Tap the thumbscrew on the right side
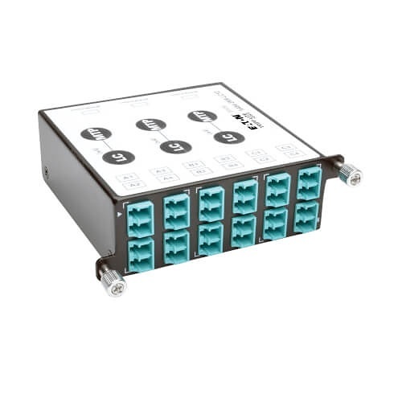(x=350, y=172)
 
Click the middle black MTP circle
(x=150, y=125)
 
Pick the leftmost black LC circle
(x=118, y=156)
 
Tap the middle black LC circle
(x=175, y=146)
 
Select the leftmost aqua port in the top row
(x=139, y=215)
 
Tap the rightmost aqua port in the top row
(x=309, y=183)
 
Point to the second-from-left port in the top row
(x=176, y=209)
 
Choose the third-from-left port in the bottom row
(x=211, y=238)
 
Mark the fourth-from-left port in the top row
(x=245, y=195)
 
